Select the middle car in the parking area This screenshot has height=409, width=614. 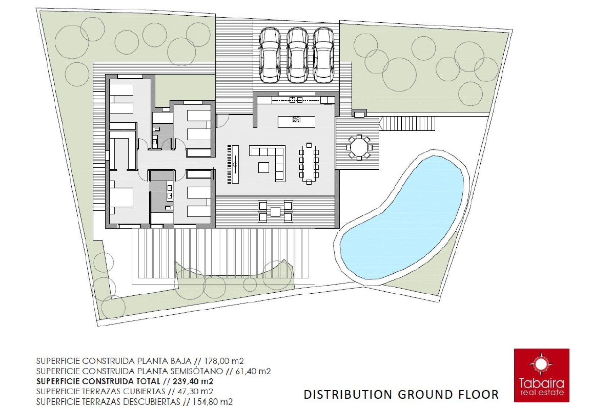(297, 55)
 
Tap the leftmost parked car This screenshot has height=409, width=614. (270, 55)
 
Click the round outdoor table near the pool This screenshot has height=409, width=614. (359, 148)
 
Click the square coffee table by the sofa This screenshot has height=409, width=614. (264, 167)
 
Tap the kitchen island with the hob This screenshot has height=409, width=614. (296, 122)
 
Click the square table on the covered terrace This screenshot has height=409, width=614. (275, 212)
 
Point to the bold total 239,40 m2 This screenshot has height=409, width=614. (193, 381)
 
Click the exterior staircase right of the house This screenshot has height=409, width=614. (407, 123)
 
